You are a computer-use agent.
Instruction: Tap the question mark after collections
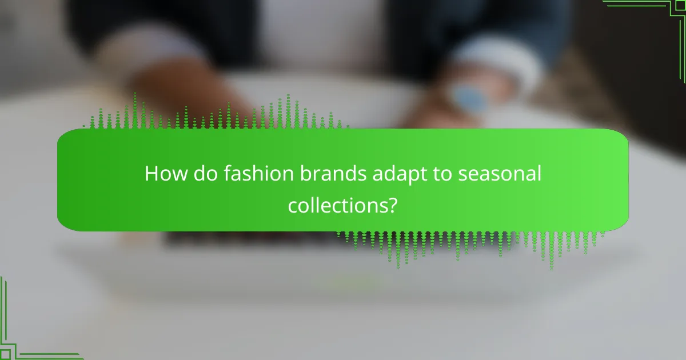tap(392, 204)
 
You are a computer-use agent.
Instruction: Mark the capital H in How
tap(151, 174)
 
